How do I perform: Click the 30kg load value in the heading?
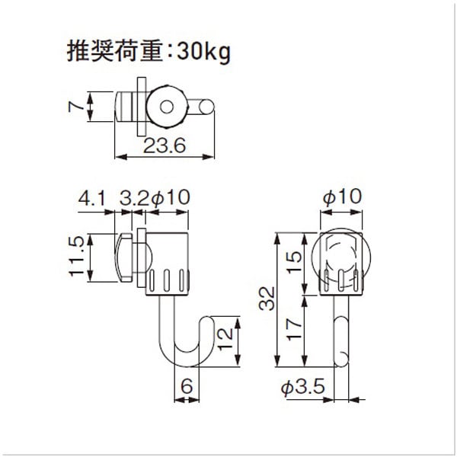[203, 53]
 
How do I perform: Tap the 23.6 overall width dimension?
[165, 145]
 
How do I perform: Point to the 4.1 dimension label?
[91, 199]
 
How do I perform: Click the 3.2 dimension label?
[134, 199]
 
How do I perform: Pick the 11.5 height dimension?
[77, 257]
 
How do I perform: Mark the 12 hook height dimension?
[225, 339]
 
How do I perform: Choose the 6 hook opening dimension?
[187, 386]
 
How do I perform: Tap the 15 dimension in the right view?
[294, 262]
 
